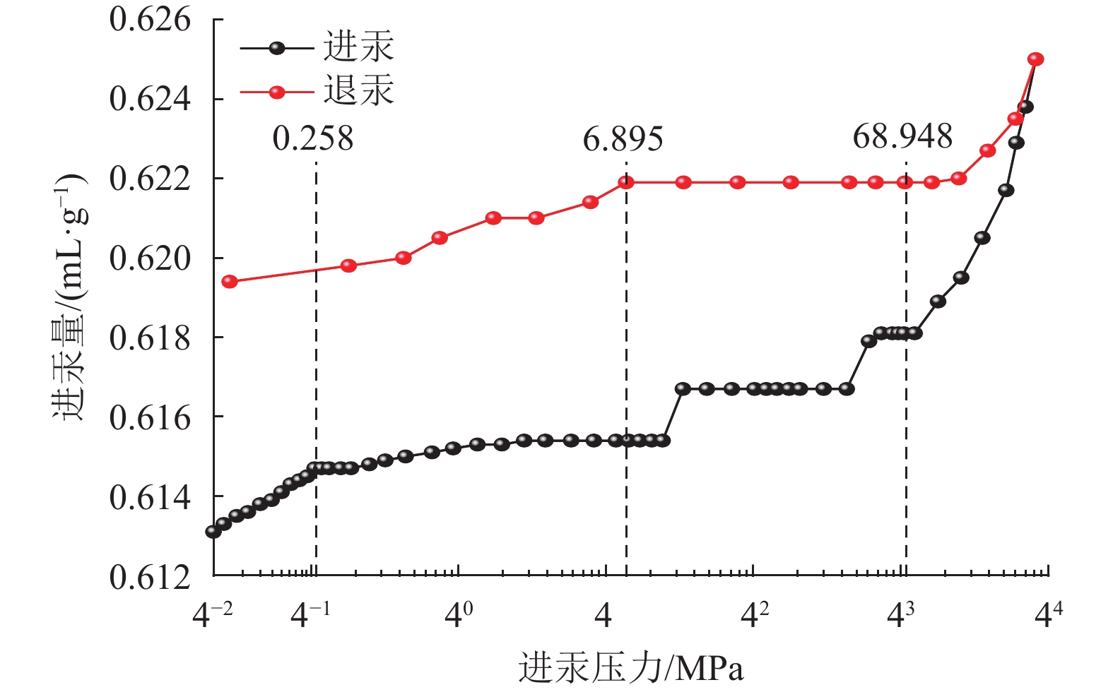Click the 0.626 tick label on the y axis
click(140, 20)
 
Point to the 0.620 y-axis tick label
click(140, 258)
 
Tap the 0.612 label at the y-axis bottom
click(140, 578)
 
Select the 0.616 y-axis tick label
click(140, 418)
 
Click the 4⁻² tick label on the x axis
click(213, 616)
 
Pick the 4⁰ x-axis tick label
click(459, 616)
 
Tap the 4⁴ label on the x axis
click(1048, 616)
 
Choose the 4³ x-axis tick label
click(900, 616)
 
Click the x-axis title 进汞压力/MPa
click(631, 668)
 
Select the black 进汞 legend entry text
click(358, 47)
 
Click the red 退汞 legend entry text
click(358, 91)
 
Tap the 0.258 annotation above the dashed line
click(313, 138)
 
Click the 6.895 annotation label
click(623, 139)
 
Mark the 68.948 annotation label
click(902, 136)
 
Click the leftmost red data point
click(230, 282)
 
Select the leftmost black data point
click(213, 531)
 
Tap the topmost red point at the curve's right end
click(1036, 59)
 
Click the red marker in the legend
click(277, 92)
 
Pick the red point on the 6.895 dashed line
click(626, 182)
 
